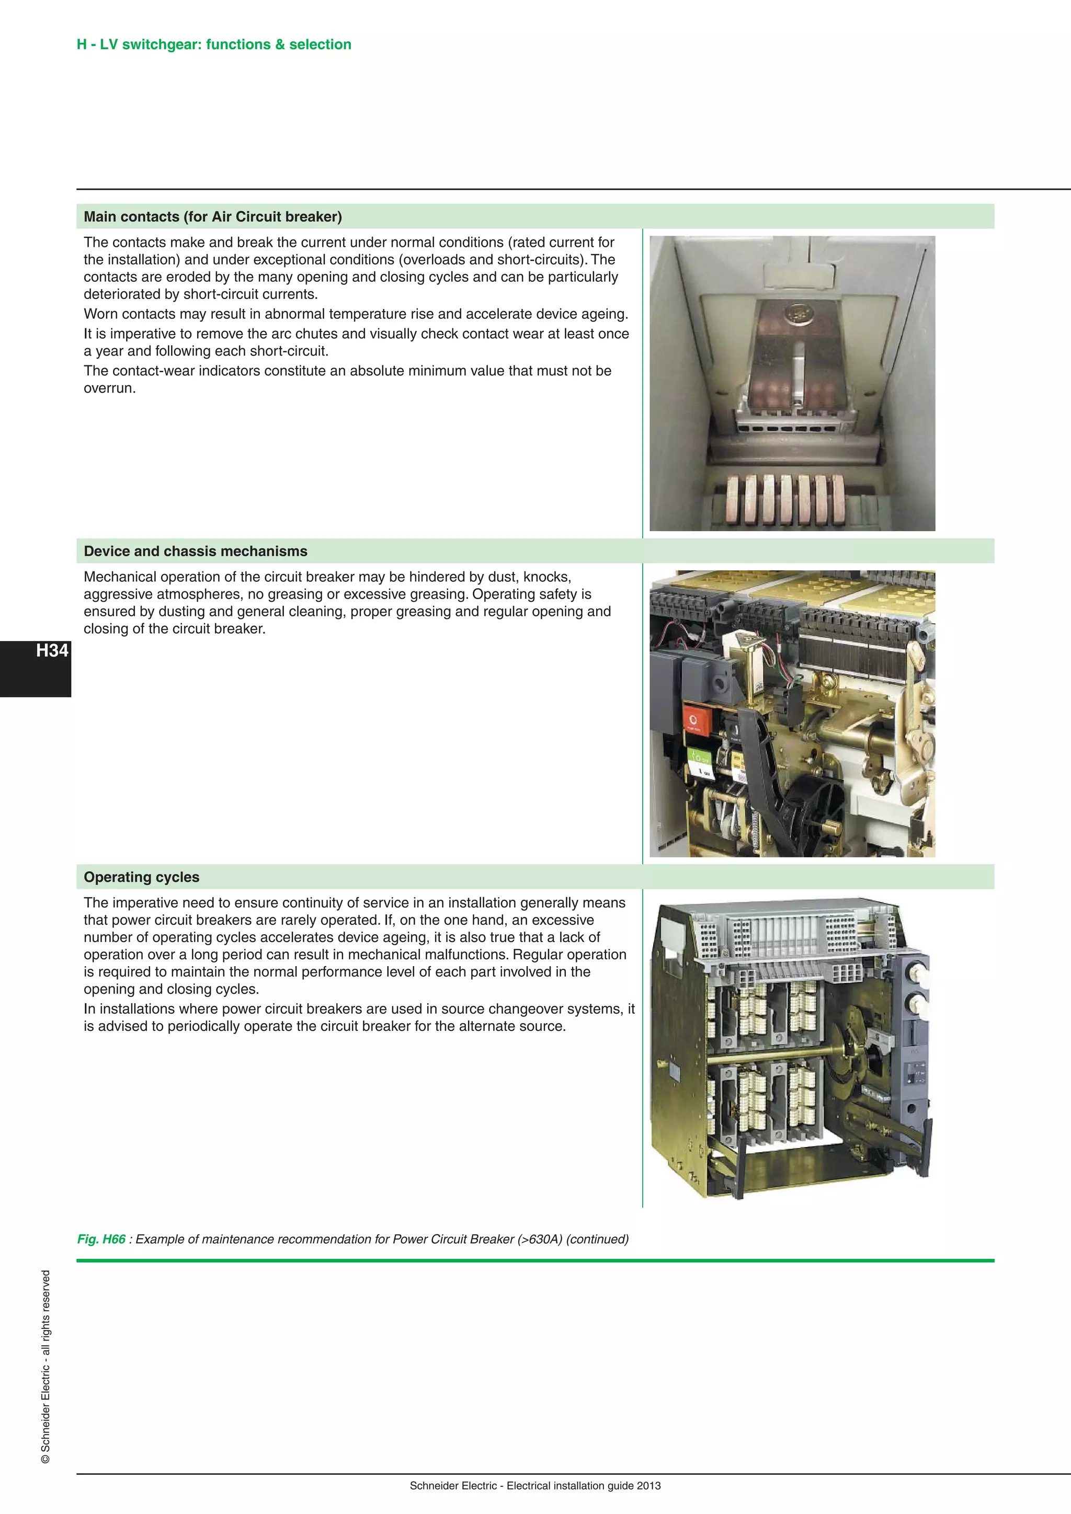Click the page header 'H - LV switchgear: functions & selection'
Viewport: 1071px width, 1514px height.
tap(214, 44)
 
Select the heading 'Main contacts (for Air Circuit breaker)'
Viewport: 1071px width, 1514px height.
tap(212, 217)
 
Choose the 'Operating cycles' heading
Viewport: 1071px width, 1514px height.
tap(141, 877)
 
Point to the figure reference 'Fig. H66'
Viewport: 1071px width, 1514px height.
tap(101, 1239)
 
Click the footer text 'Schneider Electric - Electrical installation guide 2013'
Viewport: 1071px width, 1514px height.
tap(535, 1486)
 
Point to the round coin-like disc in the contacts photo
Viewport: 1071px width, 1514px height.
tap(799, 313)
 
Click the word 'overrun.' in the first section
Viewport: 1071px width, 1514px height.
tap(109, 388)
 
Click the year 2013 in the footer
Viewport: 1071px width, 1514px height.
tap(649, 1486)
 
